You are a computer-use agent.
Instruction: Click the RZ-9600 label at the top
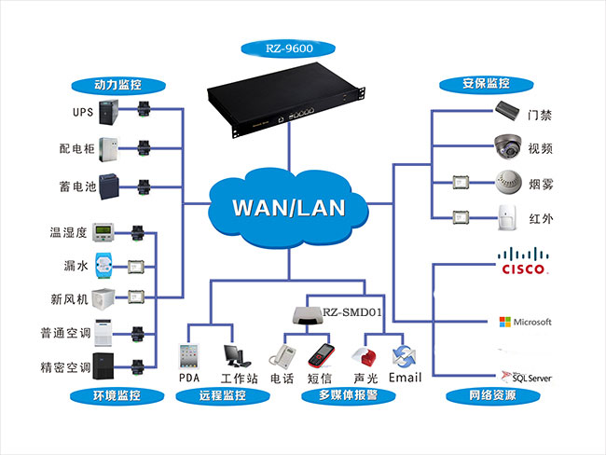pos(289,48)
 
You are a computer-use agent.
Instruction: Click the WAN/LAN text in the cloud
pos(288,206)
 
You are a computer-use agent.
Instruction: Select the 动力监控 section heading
pos(119,83)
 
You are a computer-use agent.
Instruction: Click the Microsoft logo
pos(526,322)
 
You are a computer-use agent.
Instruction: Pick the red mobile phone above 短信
pos(320,356)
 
